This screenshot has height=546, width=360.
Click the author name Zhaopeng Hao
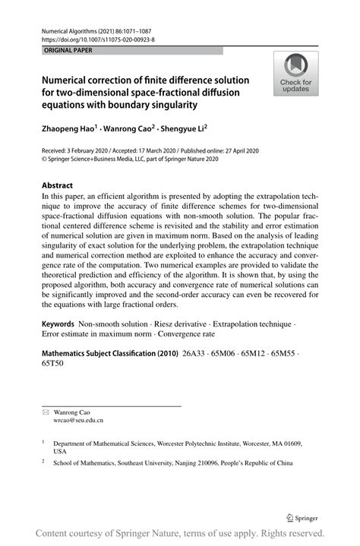click(68, 130)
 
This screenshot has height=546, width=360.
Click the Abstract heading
click(57, 185)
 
